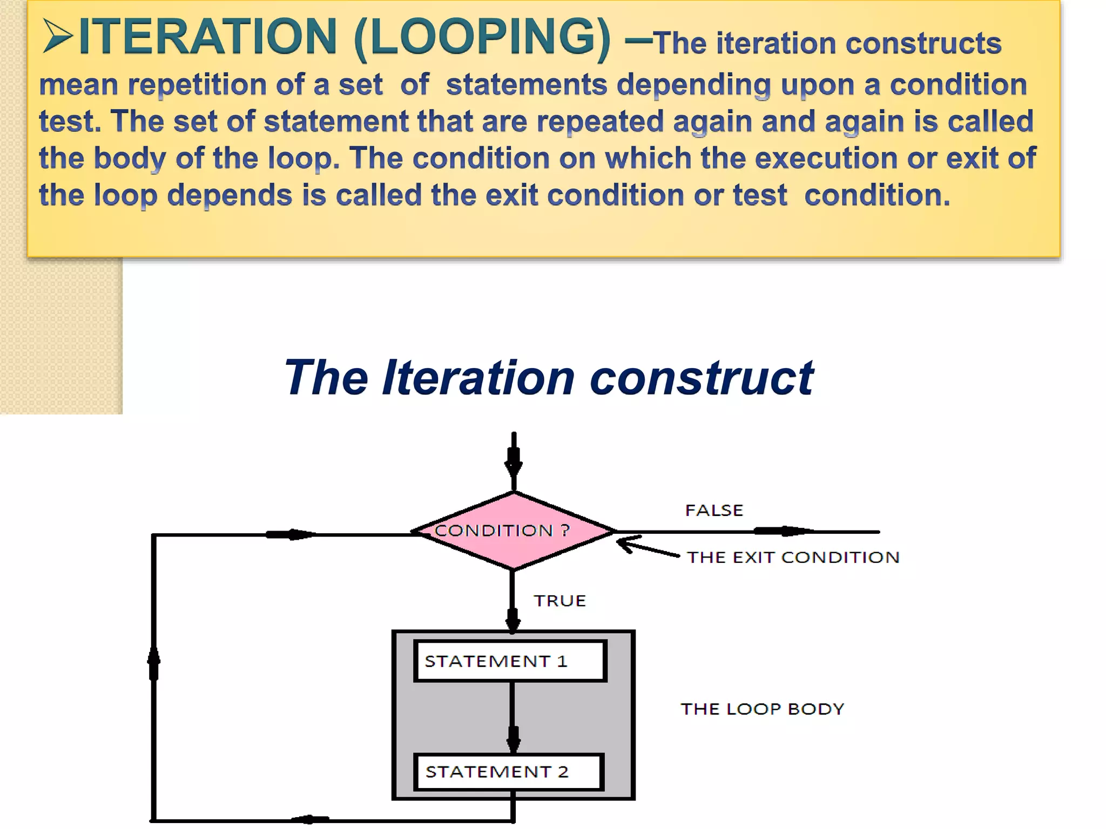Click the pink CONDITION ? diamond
coord(513,531)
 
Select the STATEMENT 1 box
coord(510,661)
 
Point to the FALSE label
coord(714,510)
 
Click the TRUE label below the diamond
coord(559,601)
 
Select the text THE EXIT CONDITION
coord(793,557)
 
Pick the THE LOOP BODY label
coord(762,709)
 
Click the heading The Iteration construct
coord(548,377)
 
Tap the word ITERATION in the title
coord(208,37)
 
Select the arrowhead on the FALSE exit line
coord(786,531)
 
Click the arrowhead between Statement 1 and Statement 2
coord(512,738)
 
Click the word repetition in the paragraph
coord(197,85)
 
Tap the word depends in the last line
coord(229,195)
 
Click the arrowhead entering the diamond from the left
coord(292,534)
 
